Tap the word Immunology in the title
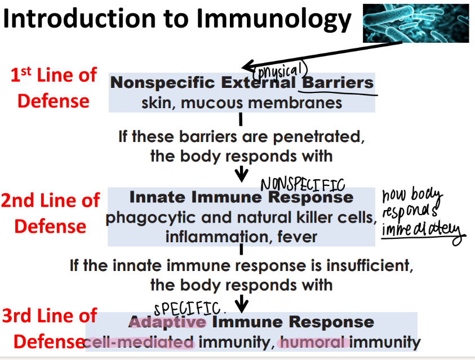point(274,19)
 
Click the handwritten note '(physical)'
point(281,70)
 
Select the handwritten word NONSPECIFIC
point(302,184)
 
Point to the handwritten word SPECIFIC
point(190,308)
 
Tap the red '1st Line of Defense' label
point(54,88)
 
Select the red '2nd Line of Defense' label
point(50,213)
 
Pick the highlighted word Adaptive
point(168,322)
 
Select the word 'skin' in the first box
point(156,103)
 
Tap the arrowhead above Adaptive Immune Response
point(242,306)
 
